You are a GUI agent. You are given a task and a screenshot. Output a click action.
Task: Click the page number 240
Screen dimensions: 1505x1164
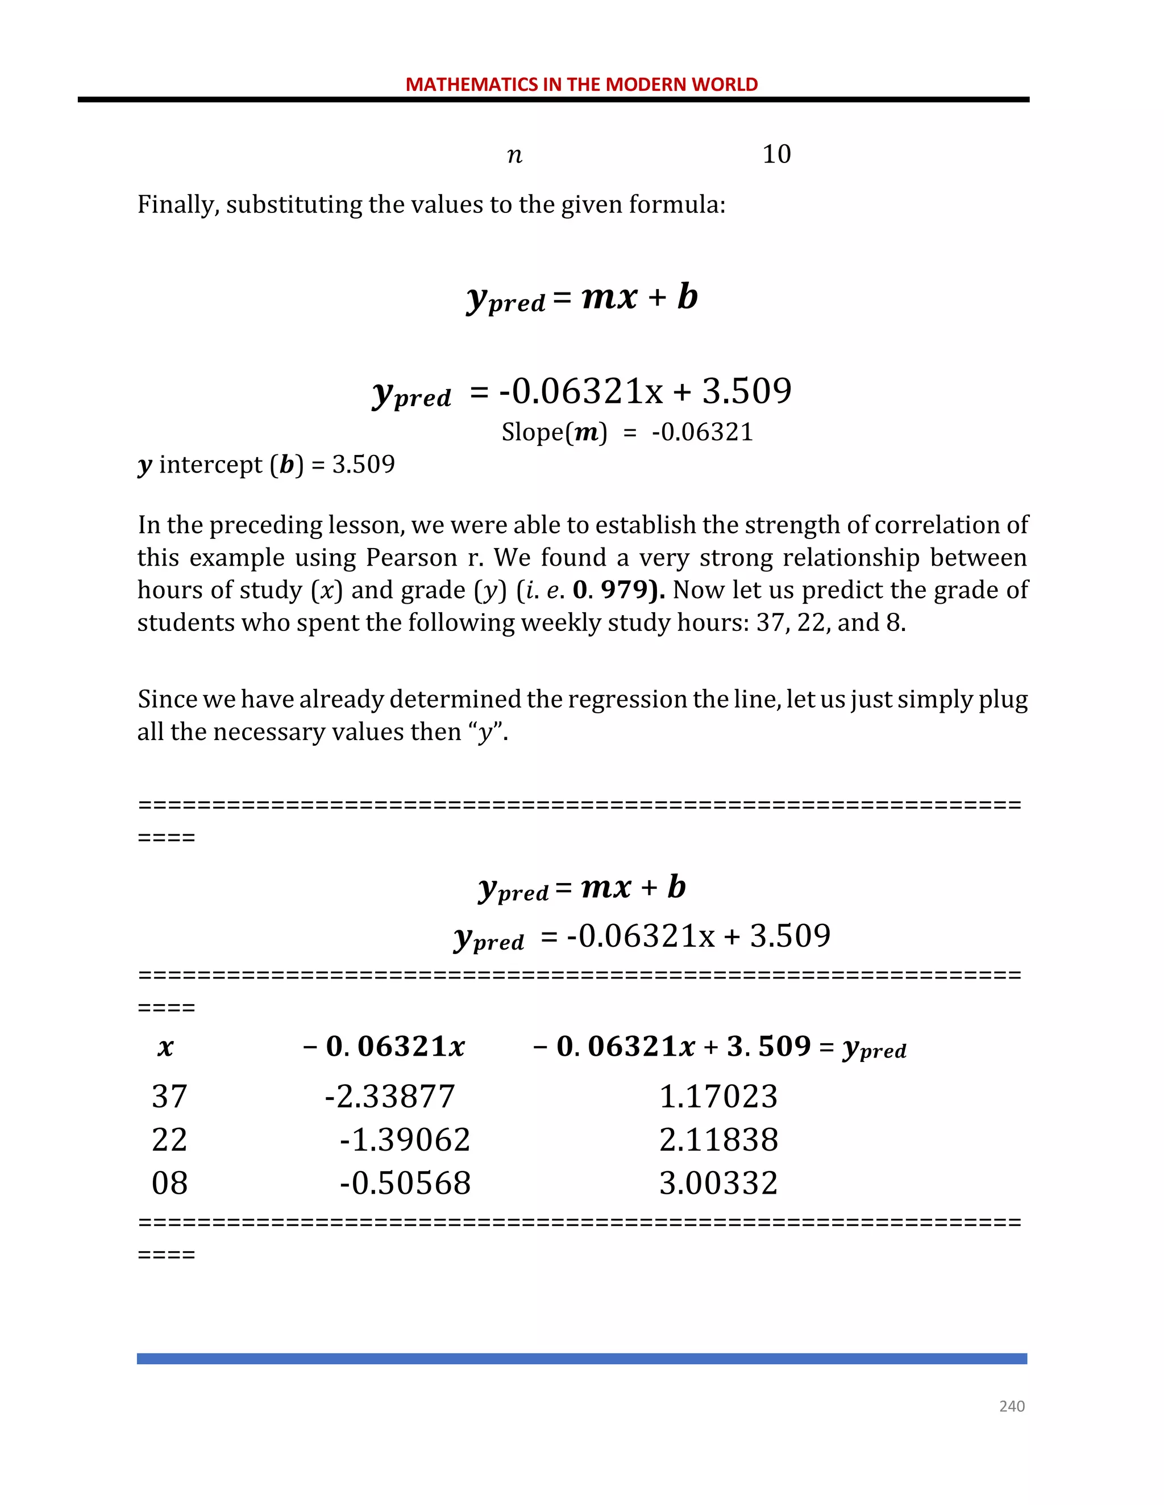tap(1011, 1406)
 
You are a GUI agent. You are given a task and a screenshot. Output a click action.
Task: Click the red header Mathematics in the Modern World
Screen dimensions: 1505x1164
tap(581, 84)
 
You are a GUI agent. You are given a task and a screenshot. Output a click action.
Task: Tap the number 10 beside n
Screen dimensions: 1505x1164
tap(776, 154)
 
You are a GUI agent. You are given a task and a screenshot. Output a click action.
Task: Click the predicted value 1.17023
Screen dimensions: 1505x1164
tap(718, 1096)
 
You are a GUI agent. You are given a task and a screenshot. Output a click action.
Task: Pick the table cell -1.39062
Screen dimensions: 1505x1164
tap(405, 1140)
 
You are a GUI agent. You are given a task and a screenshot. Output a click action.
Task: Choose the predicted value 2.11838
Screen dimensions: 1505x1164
tap(718, 1140)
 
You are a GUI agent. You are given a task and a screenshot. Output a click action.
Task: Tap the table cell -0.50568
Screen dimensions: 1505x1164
tap(405, 1183)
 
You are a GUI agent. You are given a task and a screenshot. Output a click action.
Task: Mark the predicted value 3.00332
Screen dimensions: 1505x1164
tap(718, 1183)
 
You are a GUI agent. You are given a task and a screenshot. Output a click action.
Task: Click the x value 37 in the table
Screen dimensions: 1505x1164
tap(169, 1096)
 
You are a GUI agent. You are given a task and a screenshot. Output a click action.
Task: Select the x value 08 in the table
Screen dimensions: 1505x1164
tap(169, 1183)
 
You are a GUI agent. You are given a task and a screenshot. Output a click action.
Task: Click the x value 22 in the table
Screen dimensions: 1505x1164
tap(169, 1140)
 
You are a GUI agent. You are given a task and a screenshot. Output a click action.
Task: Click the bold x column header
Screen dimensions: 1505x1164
tap(165, 1047)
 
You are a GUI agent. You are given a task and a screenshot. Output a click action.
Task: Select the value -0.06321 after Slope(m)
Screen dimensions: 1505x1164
tap(702, 432)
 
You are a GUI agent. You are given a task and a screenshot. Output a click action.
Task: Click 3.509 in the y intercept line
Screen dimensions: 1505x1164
tap(363, 465)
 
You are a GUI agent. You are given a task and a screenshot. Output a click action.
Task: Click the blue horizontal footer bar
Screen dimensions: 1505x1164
tap(581, 1358)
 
